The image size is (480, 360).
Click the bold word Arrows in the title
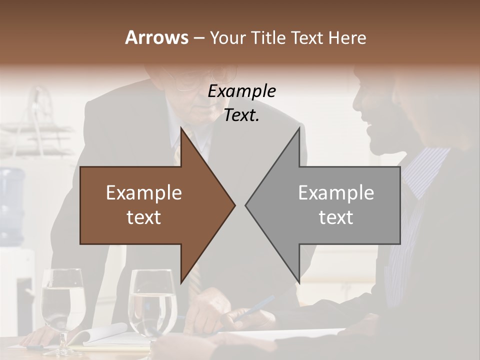click(156, 37)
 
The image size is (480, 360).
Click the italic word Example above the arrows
click(241, 91)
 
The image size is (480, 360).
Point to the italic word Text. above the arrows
click(241, 115)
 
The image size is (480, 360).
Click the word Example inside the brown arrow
click(144, 193)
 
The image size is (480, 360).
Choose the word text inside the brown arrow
click(144, 217)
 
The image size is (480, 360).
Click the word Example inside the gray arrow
click(336, 193)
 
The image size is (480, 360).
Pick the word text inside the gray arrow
click(336, 217)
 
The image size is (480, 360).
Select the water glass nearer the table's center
click(152, 302)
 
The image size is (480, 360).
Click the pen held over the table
click(255, 307)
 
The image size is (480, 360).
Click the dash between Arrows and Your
click(198, 38)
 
